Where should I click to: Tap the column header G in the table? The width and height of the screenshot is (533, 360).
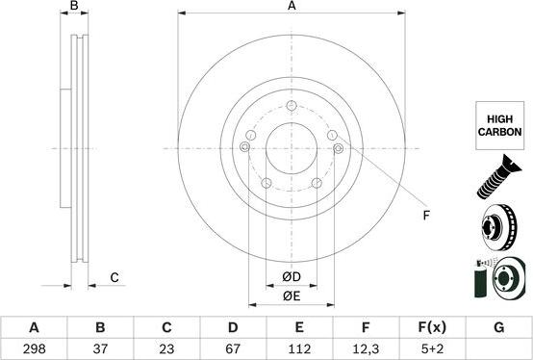coord(498,327)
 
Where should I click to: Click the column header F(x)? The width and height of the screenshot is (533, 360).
coord(432,327)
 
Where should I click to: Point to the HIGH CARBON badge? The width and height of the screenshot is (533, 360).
coord(499,127)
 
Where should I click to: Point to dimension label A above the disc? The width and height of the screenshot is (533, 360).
coord(292,7)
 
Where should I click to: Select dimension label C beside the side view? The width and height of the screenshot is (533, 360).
coord(114,278)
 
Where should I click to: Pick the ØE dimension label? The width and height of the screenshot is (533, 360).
coord(292,296)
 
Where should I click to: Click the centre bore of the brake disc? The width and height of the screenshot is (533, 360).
coord(291,148)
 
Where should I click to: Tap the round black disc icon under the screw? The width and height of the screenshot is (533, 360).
coord(499,229)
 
